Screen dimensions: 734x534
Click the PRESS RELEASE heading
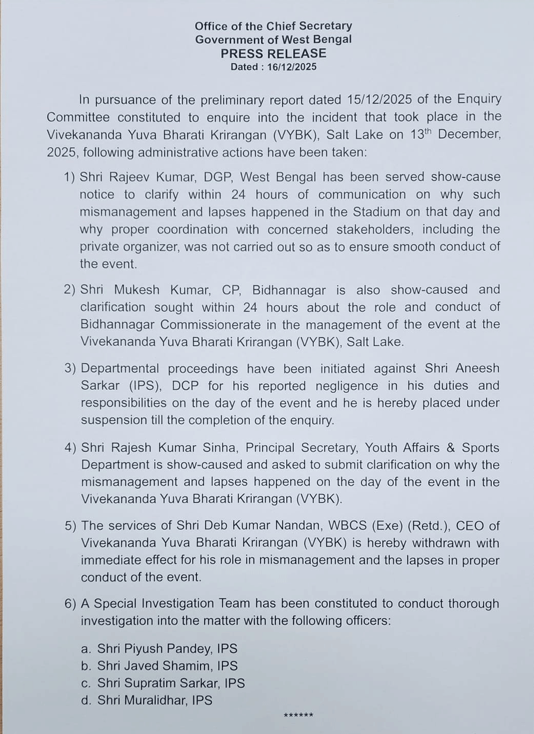click(x=274, y=53)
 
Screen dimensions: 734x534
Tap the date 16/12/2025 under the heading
click(x=292, y=67)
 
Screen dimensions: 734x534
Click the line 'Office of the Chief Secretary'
click(x=274, y=26)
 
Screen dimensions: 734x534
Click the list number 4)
click(x=71, y=447)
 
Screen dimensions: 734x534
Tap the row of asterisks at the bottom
click(x=298, y=716)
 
